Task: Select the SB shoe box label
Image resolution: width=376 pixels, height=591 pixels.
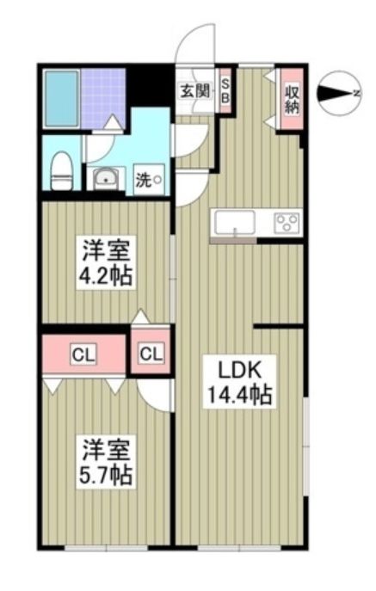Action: [225, 89]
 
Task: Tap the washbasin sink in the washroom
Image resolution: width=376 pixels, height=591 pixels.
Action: [106, 179]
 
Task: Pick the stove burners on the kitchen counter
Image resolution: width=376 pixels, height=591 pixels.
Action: [286, 224]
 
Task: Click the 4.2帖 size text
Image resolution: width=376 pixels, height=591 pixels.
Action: [107, 277]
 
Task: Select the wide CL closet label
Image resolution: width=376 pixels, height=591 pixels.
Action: [83, 353]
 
